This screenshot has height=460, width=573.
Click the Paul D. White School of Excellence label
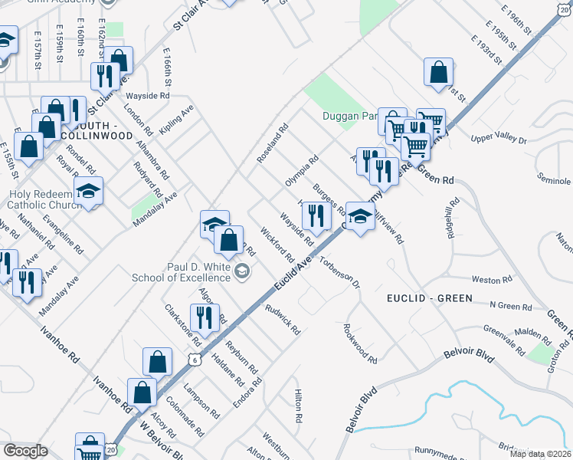click(199, 271)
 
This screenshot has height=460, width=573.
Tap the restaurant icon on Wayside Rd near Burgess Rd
click(316, 216)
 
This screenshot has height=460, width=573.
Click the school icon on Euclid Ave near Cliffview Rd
click(359, 216)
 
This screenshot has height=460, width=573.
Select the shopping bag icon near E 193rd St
click(437, 72)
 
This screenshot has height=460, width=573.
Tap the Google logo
click(26, 451)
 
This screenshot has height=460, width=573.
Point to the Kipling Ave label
click(177, 118)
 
